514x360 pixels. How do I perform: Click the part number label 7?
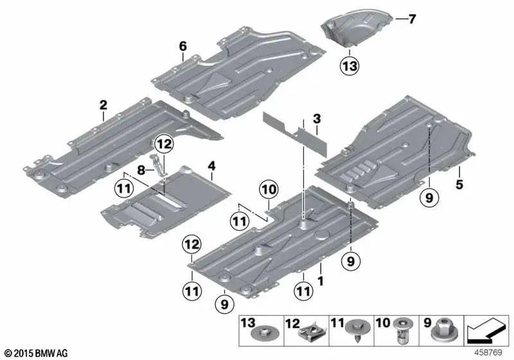pos(412,19)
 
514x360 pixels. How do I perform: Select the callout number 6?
pos(182,46)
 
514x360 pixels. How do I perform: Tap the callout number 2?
pos(102,104)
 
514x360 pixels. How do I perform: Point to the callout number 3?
pos(316,120)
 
